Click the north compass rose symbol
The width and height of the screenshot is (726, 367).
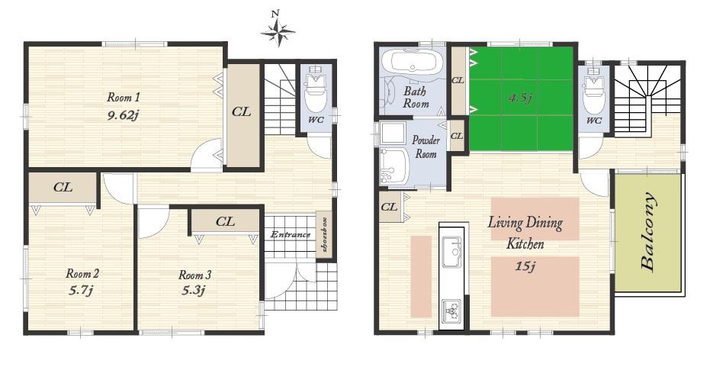(278, 31)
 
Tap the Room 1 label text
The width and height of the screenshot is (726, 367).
(123, 98)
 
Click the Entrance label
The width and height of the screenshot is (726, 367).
(290, 234)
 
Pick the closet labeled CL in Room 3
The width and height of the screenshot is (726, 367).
(225, 222)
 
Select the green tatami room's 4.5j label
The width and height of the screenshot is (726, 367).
(521, 98)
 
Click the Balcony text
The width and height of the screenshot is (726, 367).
(648, 233)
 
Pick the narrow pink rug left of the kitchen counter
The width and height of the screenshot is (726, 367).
(420, 276)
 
